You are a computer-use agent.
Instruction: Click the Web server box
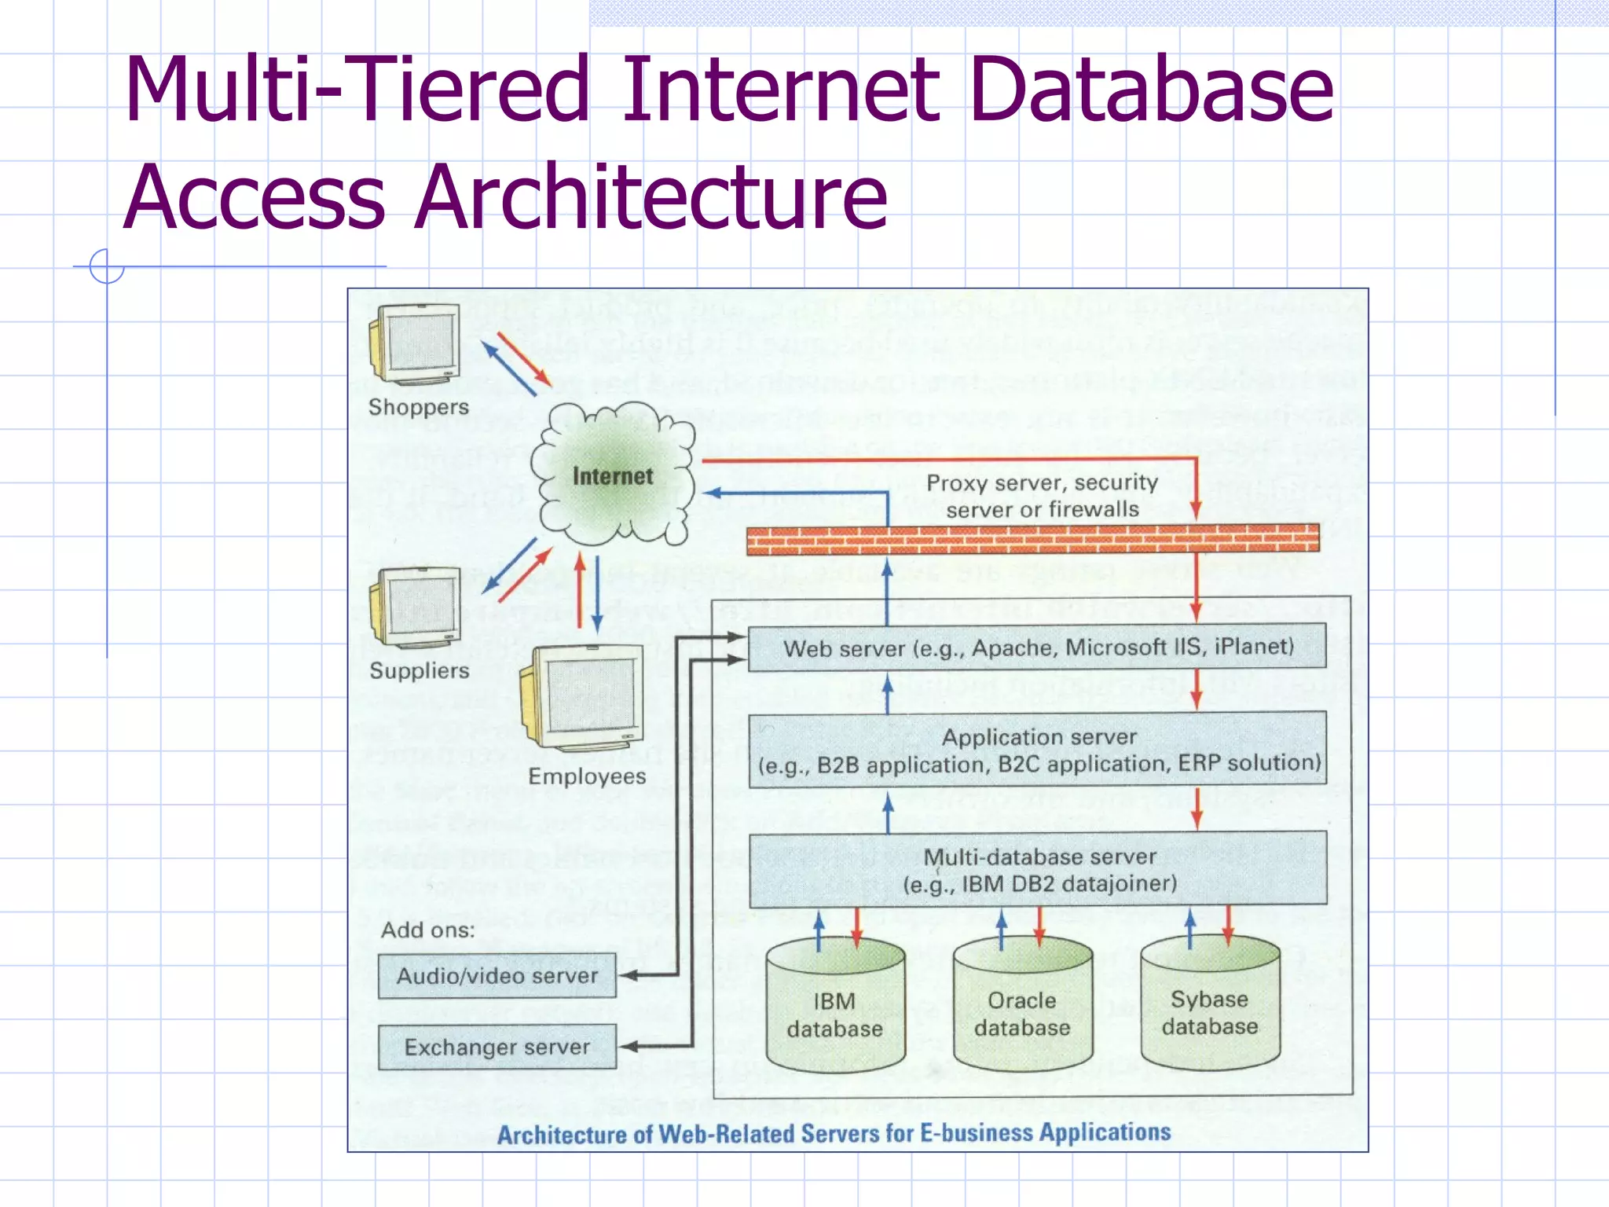click(x=1037, y=648)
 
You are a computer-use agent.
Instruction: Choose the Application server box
click(x=1037, y=750)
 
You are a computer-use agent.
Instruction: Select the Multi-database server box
click(x=1037, y=870)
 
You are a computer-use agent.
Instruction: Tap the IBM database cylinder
click(x=834, y=1010)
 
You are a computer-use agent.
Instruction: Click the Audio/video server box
click(x=497, y=976)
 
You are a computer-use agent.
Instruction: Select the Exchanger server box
click(x=497, y=1047)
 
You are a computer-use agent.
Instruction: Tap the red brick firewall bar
click(x=1032, y=539)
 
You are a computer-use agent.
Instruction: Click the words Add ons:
click(x=428, y=930)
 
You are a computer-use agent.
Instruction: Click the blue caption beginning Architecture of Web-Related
click(x=834, y=1133)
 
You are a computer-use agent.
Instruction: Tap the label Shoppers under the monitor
click(x=418, y=407)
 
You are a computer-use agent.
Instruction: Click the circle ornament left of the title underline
click(x=107, y=266)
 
